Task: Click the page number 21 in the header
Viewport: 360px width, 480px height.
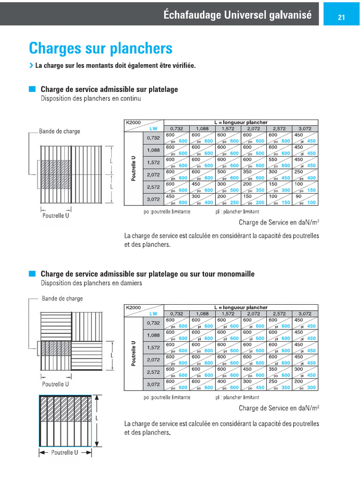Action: coord(341,17)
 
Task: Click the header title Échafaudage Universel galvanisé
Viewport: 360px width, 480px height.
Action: coord(237,15)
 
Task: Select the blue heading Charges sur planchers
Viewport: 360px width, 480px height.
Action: coord(100,48)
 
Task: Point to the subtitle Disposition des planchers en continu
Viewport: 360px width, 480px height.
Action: coord(90,98)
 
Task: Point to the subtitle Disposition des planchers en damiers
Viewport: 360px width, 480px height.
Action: coord(91,283)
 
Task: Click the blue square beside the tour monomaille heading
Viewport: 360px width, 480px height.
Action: coord(32,273)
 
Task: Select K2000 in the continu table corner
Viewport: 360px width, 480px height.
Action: coord(133,122)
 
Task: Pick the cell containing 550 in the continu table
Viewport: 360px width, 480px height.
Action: coord(279,162)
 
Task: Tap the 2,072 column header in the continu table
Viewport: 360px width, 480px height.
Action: coord(254,128)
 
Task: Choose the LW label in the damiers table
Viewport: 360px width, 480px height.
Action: coord(153,314)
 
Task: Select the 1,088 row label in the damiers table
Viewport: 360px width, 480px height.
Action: coord(153,335)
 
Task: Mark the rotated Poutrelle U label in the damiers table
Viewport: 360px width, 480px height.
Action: coord(134,354)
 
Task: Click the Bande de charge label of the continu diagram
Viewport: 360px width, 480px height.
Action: coord(59,131)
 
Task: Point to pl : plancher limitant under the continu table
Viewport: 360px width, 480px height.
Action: coord(237,212)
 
